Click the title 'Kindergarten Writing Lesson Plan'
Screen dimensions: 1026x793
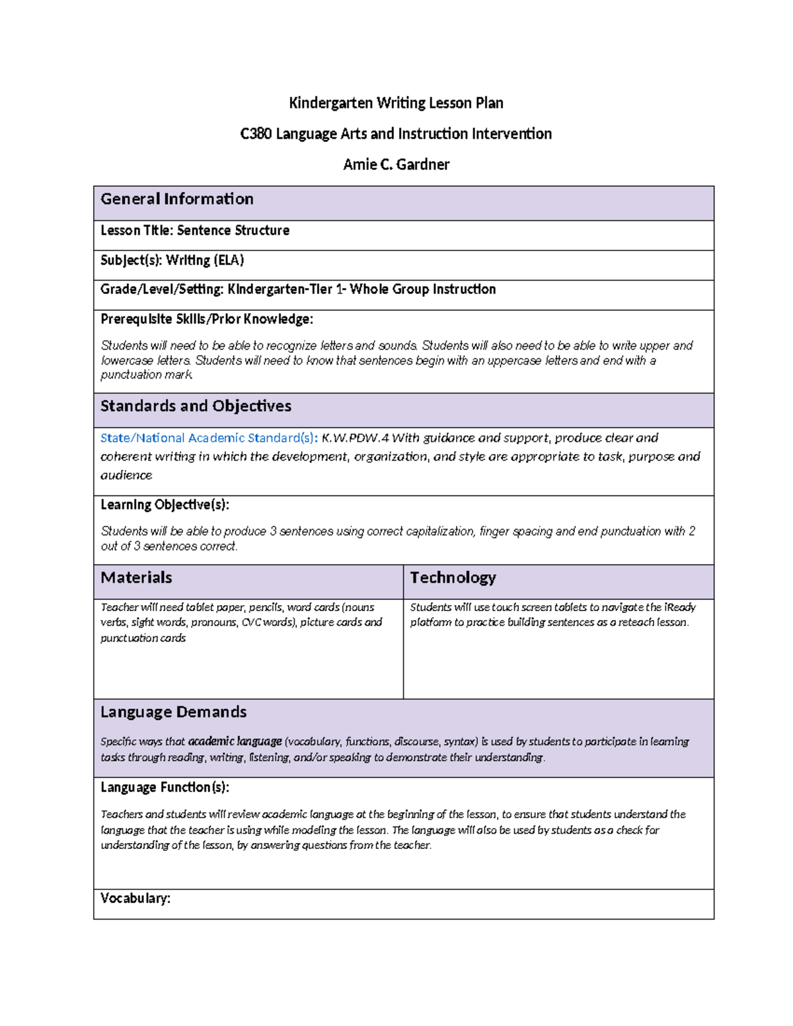pyautogui.click(x=396, y=103)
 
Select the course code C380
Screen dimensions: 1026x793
pyautogui.click(x=256, y=134)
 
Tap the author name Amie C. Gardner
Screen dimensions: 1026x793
pyautogui.click(x=396, y=165)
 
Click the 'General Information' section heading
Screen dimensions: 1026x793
pyautogui.click(x=176, y=200)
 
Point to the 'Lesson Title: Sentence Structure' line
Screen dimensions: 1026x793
pyautogui.click(x=195, y=231)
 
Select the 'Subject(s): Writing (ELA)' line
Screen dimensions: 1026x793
pyautogui.click(x=172, y=260)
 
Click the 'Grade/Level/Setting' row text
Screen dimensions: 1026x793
pyautogui.click(x=297, y=289)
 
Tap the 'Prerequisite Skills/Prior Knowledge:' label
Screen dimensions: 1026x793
pyautogui.click(x=206, y=320)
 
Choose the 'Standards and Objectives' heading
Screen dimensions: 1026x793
pyautogui.click(x=196, y=406)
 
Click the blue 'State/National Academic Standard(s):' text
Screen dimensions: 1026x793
pyautogui.click(x=209, y=438)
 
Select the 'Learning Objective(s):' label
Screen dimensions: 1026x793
pyautogui.click(x=165, y=505)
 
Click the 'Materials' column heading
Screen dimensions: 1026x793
pyautogui.click(x=136, y=578)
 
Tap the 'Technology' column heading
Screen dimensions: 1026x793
pyautogui.click(x=453, y=578)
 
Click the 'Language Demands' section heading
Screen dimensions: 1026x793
pyautogui.click(x=173, y=712)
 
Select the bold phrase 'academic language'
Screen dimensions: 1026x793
pyautogui.click(x=235, y=741)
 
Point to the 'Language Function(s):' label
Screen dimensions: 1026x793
pyautogui.click(x=165, y=788)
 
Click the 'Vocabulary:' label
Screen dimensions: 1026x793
pyautogui.click(x=135, y=898)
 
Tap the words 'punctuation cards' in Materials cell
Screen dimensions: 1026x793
pyautogui.click(x=143, y=638)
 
